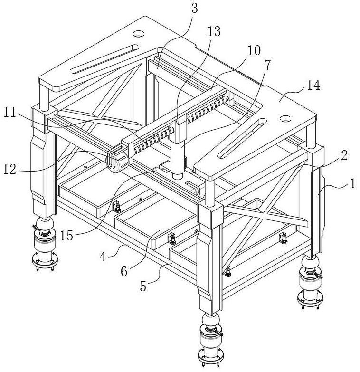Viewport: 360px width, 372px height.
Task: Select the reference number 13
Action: click(x=214, y=32)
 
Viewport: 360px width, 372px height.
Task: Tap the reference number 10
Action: click(x=254, y=49)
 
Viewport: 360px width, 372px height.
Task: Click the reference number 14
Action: click(x=313, y=86)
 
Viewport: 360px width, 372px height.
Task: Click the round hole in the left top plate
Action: click(x=138, y=34)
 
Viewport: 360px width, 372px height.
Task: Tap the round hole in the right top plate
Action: click(x=286, y=118)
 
